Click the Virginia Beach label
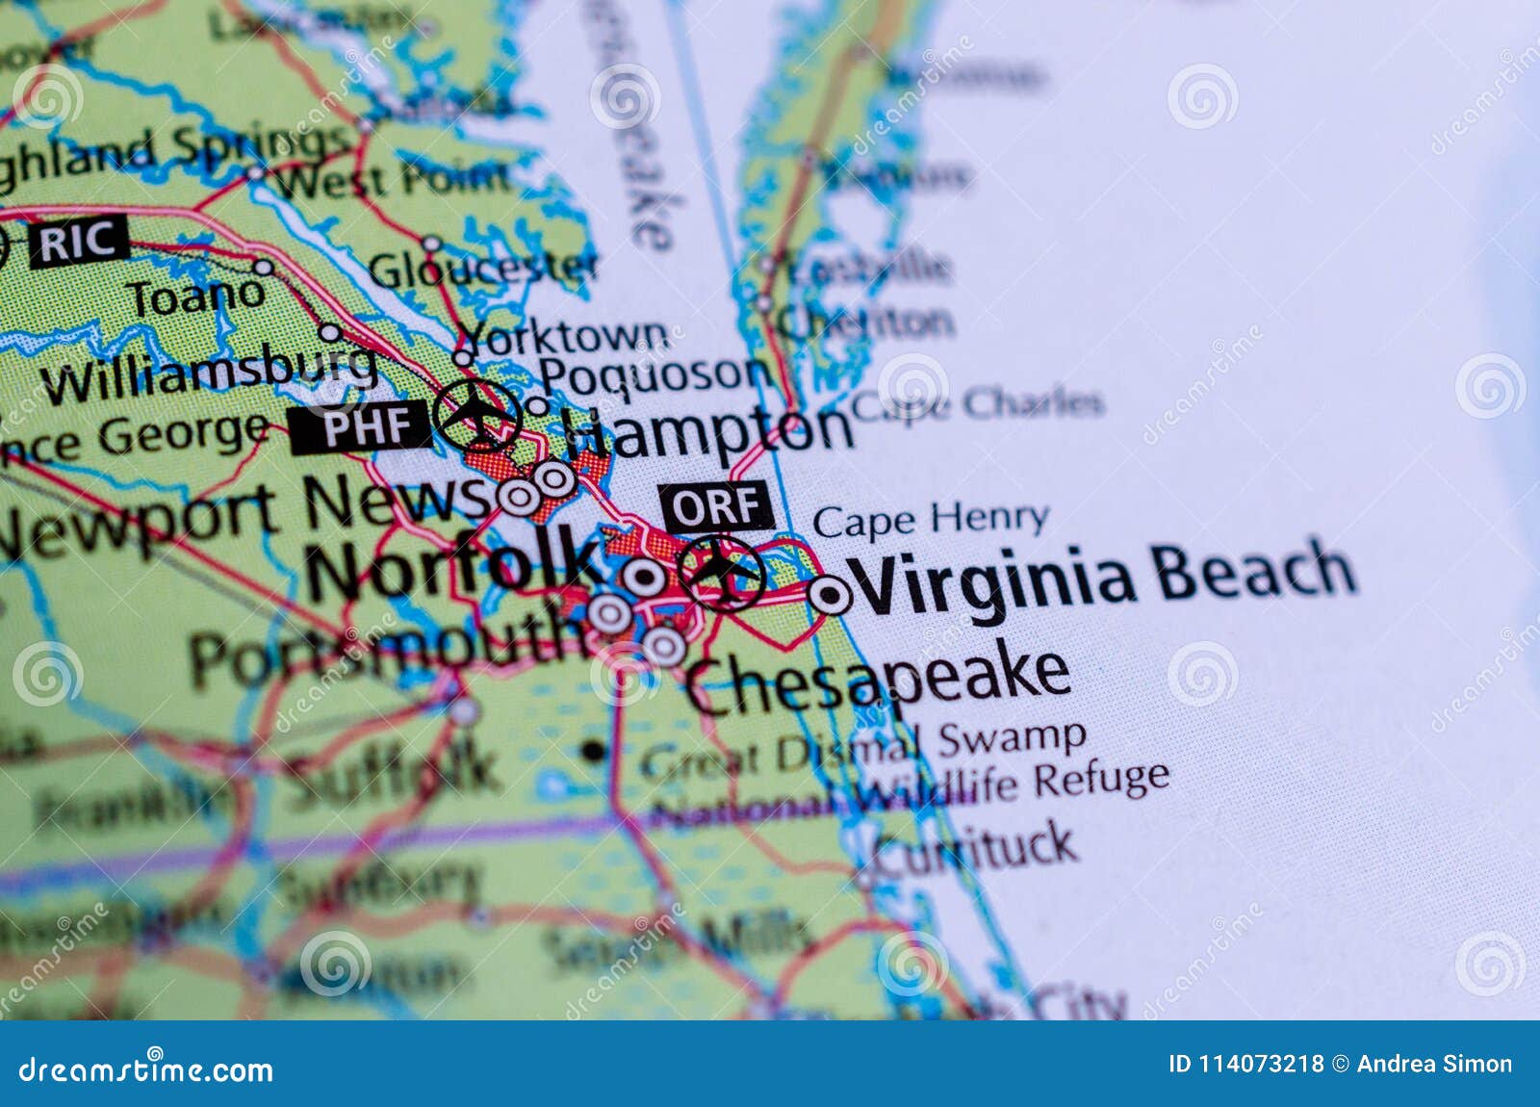tap(1105, 578)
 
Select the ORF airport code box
tap(715, 506)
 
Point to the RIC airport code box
tap(78, 242)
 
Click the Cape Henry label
tap(930, 521)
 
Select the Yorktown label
tap(564, 337)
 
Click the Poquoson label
tap(654, 373)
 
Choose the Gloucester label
tap(483, 270)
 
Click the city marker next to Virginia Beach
tap(830, 595)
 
